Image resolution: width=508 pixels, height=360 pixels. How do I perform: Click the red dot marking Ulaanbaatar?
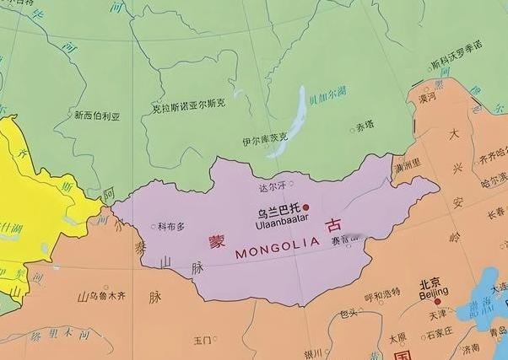tap(306, 207)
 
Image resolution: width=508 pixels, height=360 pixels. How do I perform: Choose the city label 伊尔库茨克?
tap(264, 137)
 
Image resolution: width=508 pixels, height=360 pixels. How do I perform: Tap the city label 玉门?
tap(202, 341)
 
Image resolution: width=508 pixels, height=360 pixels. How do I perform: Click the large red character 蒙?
tap(218, 241)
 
